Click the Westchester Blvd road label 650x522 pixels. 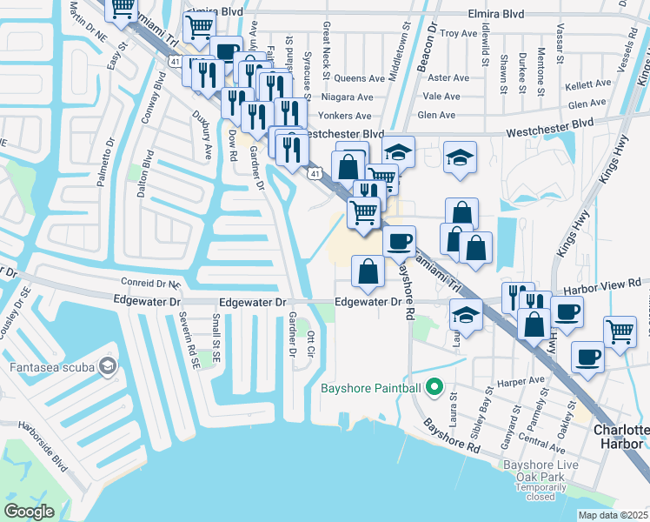point(342,134)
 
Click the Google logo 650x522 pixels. point(29,512)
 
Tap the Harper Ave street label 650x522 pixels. point(524,380)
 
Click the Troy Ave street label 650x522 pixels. point(459,34)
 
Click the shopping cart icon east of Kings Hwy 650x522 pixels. point(620,331)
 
